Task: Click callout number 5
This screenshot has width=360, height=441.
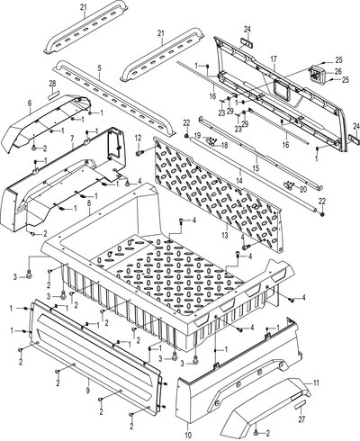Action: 100,67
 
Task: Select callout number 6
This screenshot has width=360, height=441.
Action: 30,103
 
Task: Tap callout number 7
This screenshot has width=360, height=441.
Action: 72,139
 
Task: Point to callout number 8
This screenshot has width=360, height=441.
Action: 89,202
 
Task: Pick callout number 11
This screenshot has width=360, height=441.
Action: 316,383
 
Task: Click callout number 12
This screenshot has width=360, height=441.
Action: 138,138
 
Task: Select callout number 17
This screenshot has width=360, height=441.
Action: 274,59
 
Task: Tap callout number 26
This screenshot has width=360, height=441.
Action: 338,72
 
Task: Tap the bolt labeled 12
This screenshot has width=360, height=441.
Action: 139,145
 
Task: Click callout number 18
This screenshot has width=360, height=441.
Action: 224,146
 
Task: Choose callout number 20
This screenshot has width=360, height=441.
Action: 303,189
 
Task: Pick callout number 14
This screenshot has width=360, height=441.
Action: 241,173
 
